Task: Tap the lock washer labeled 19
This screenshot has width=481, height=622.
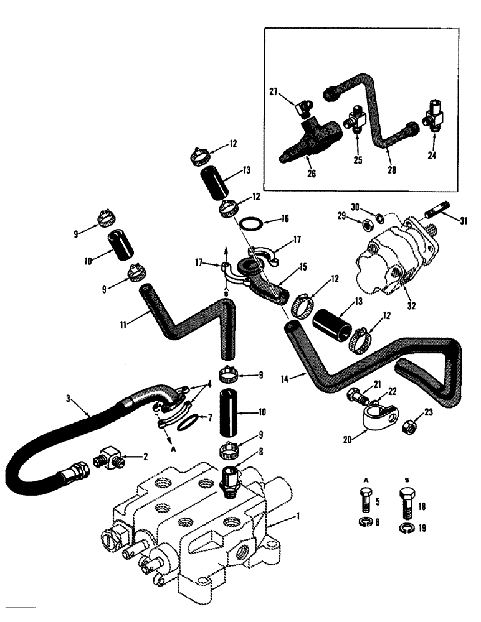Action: [x=404, y=529]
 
